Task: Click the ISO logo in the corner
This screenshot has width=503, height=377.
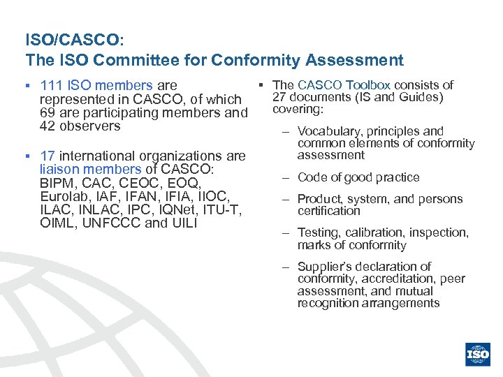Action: point(478,354)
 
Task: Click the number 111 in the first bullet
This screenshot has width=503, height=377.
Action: point(52,86)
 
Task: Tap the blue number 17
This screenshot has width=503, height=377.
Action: point(48,156)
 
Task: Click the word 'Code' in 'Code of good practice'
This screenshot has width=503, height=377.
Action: point(312,177)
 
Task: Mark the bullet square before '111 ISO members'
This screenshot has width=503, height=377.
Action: point(29,86)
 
